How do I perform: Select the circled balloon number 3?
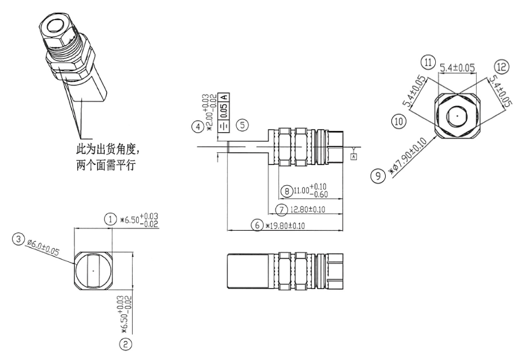pyautogui.click(x=20, y=238)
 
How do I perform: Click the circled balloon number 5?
pyautogui.click(x=243, y=124)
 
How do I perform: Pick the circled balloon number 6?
pyautogui.click(x=259, y=226)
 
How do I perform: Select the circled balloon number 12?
pyautogui.click(x=500, y=67)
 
